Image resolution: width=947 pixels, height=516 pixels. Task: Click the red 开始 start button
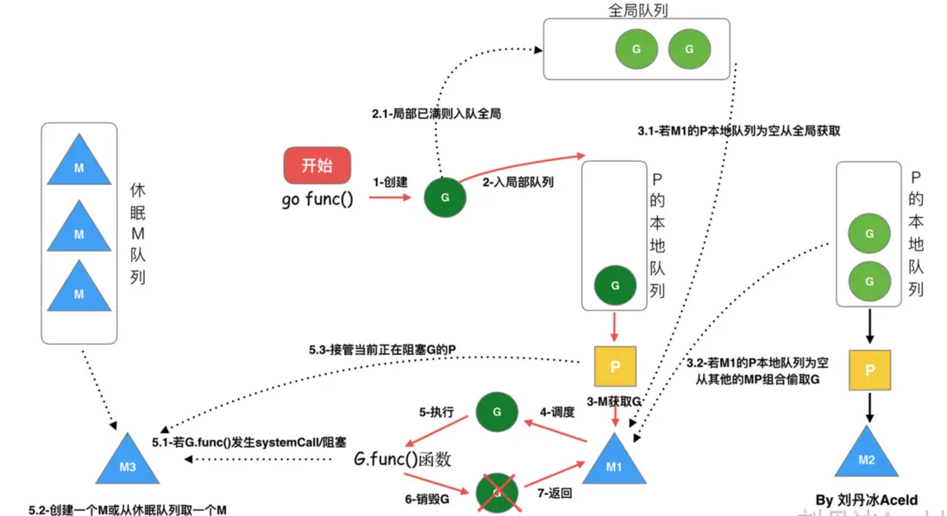317,165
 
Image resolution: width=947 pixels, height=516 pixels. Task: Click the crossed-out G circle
497,492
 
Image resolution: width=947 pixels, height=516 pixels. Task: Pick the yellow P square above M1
615,366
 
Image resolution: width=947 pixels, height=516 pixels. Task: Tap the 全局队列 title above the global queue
637,9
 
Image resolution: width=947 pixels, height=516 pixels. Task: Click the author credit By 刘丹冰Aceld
866,500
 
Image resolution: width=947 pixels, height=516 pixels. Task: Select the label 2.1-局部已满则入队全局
436,114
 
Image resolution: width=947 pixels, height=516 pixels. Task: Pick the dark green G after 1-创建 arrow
445,197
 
